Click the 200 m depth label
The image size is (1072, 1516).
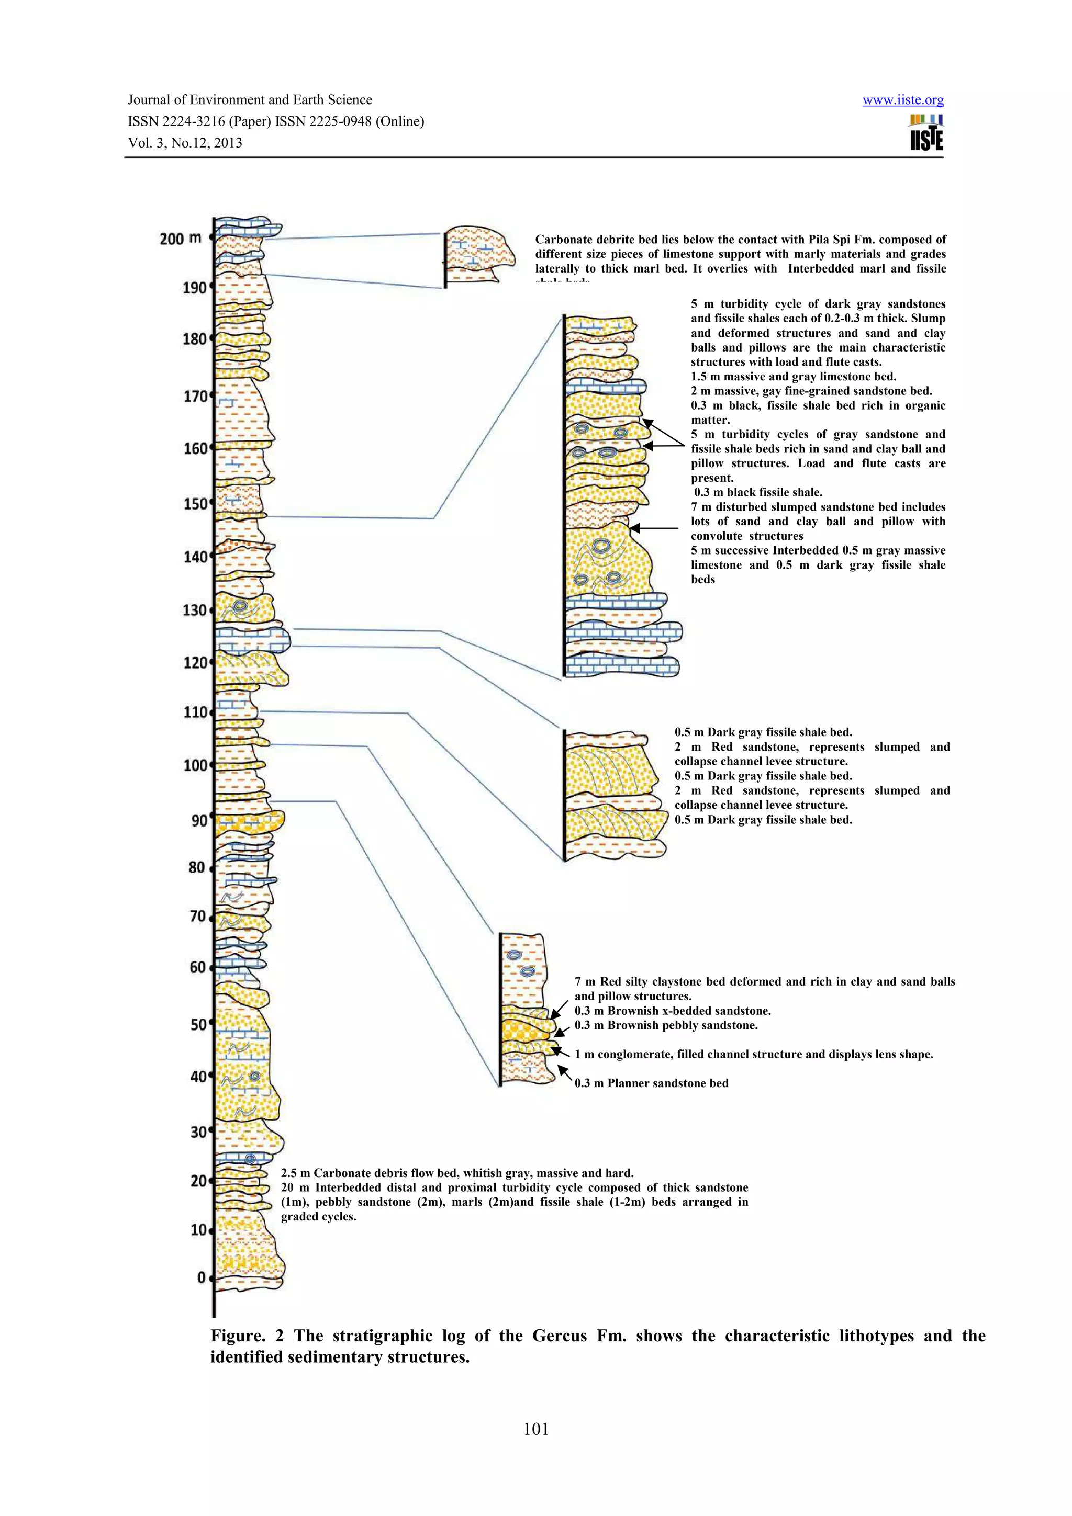180,239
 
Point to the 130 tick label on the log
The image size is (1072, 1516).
195,610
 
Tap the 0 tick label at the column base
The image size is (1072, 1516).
202,1277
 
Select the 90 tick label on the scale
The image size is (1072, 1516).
198,821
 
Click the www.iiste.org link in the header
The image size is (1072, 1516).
902,100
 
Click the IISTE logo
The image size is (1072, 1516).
926,132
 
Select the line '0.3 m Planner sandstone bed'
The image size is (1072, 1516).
651,1083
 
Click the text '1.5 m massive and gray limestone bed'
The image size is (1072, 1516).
793,376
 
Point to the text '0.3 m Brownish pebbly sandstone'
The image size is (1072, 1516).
666,1025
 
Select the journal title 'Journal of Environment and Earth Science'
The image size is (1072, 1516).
250,100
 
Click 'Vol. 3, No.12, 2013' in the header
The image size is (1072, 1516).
185,143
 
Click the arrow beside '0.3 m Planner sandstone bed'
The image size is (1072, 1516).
565,1073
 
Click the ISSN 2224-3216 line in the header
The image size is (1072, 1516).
275,121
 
